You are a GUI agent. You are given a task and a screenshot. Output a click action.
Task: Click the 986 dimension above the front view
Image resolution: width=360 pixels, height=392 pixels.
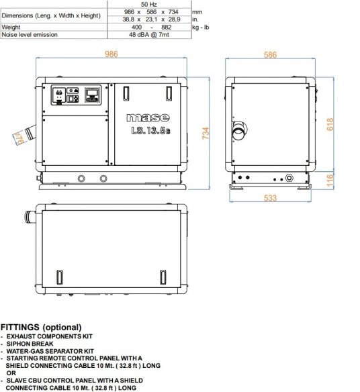click(x=111, y=54)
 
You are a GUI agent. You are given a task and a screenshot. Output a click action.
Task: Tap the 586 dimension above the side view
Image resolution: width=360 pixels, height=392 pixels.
click(x=270, y=55)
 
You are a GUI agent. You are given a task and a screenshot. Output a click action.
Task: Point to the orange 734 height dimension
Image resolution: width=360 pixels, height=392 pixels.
click(x=206, y=133)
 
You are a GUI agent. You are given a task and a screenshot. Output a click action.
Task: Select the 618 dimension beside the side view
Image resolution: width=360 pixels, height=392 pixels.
click(x=330, y=124)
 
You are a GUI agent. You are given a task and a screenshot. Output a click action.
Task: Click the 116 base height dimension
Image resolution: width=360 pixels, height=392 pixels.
click(x=330, y=181)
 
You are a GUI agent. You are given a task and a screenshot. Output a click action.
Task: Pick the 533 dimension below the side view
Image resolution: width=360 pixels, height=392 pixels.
click(x=270, y=198)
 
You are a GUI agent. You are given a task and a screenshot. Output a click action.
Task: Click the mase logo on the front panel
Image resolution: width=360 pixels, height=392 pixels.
click(x=148, y=117)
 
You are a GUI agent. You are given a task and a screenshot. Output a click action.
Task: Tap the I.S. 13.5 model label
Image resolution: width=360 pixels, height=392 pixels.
click(x=150, y=130)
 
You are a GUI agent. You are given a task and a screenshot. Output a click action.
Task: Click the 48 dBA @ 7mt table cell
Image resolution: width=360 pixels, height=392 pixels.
click(x=149, y=34)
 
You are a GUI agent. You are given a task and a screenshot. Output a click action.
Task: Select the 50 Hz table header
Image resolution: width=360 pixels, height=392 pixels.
click(x=149, y=4)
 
